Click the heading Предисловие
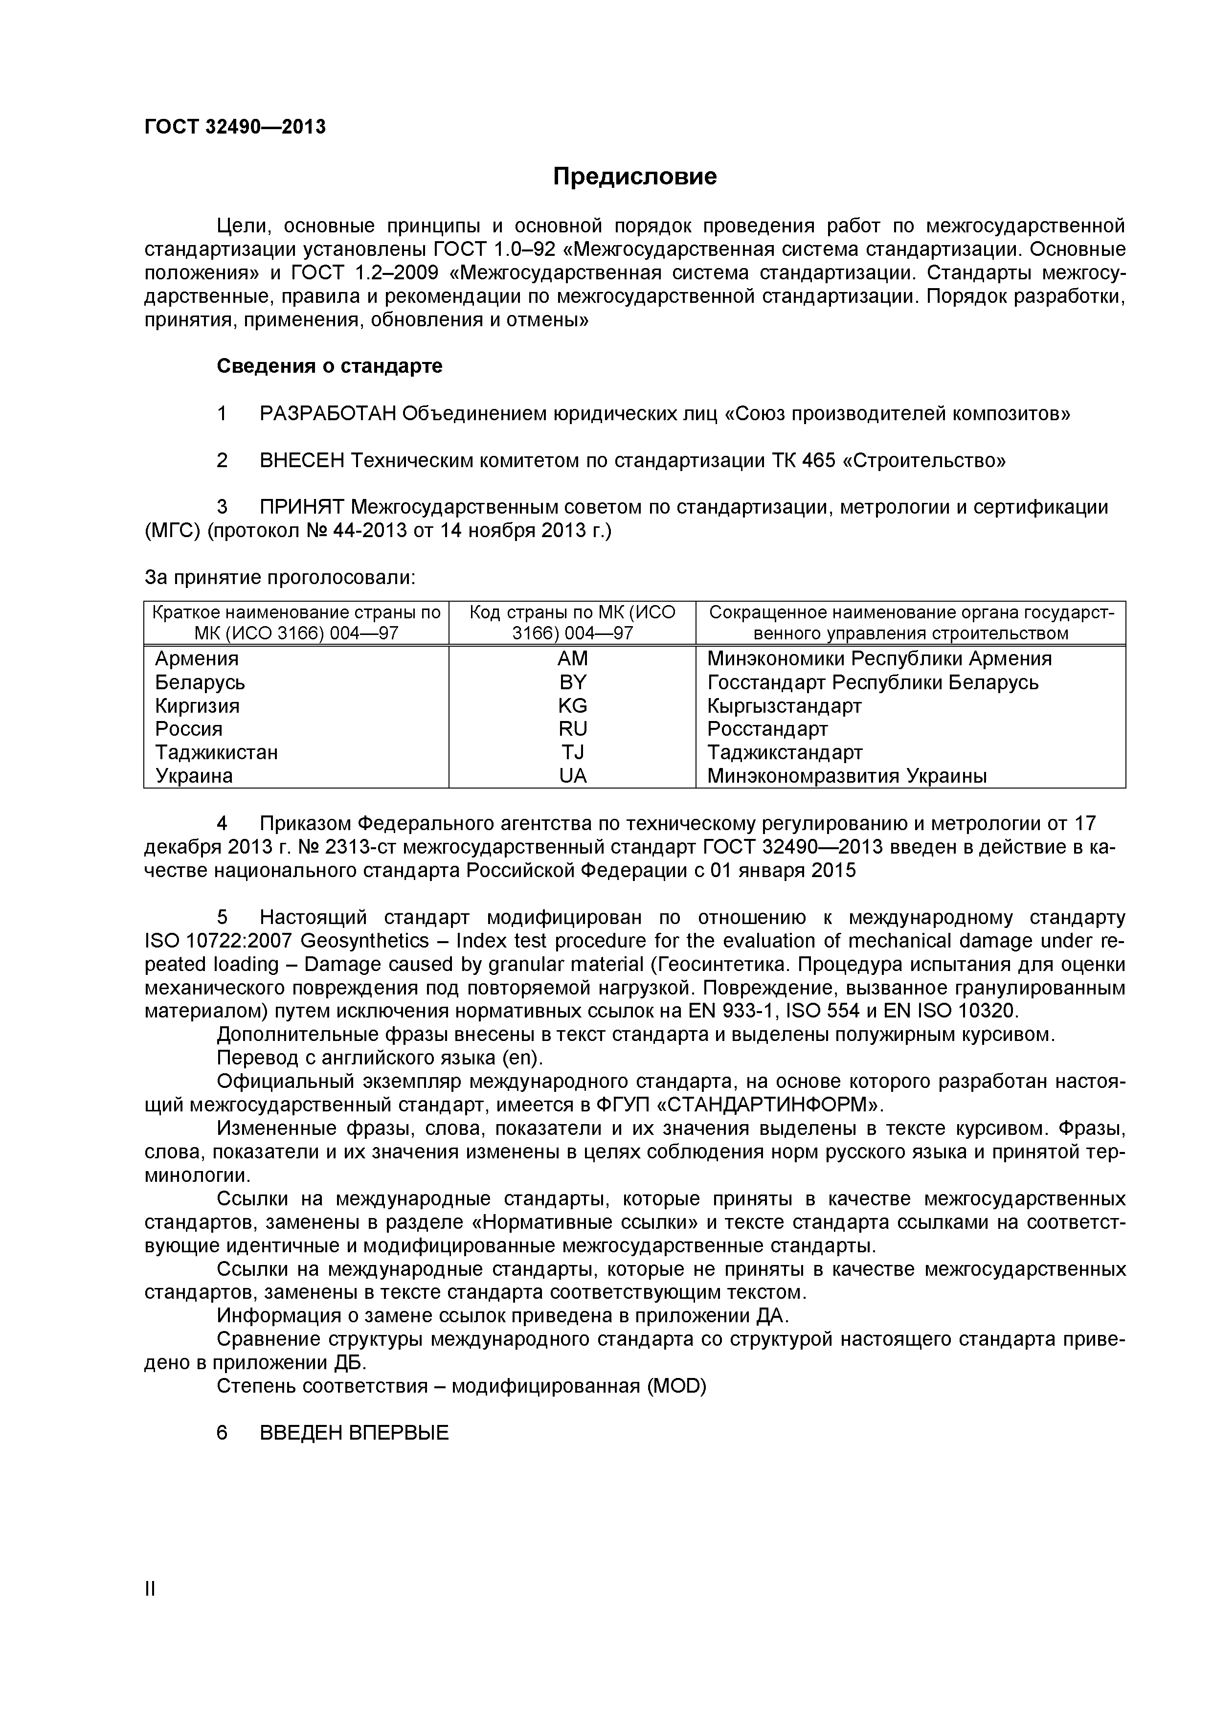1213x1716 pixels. (x=634, y=177)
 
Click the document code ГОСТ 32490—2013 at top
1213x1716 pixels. (x=235, y=127)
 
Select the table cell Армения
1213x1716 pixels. (x=197, y=658)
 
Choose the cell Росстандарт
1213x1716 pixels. (x=767, y=729)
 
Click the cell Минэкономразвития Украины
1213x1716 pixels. (x=847, y=776)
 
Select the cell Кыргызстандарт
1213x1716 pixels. (x=784, y=705)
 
